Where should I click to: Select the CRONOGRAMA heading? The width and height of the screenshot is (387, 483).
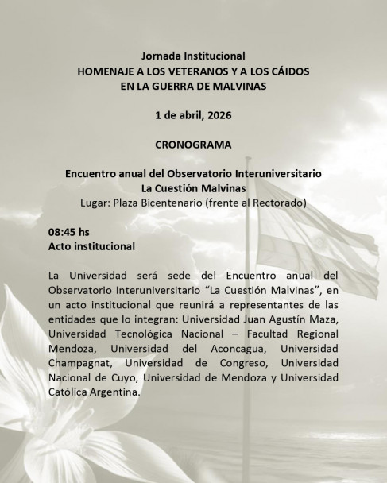tap(194, 145)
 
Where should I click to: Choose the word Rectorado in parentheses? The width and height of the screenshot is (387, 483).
tap(279, 202)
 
